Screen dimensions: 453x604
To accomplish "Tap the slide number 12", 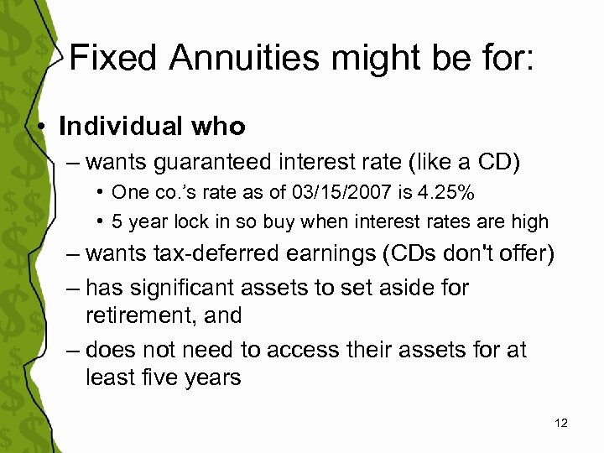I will click(x=561, y=424).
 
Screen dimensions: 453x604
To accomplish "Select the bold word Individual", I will click(x=120, y=127).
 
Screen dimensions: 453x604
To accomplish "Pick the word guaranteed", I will click(x=216, y=160).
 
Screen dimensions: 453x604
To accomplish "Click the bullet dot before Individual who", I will click(x=41, y=128).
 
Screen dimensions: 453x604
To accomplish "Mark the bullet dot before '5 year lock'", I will click(x=100, y=221).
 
